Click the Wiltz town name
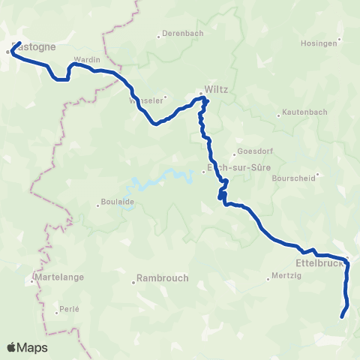pos(216,88)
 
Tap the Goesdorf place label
pos(253,149)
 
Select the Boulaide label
pos(118,201)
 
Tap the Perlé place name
pos(70,309)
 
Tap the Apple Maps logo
pos(27,347)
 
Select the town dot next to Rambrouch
pos(133,282)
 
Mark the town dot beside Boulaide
pos(97,202)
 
